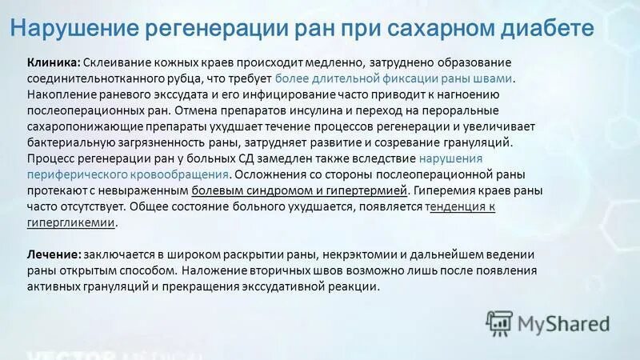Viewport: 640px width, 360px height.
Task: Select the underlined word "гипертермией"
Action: coord(367,190)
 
